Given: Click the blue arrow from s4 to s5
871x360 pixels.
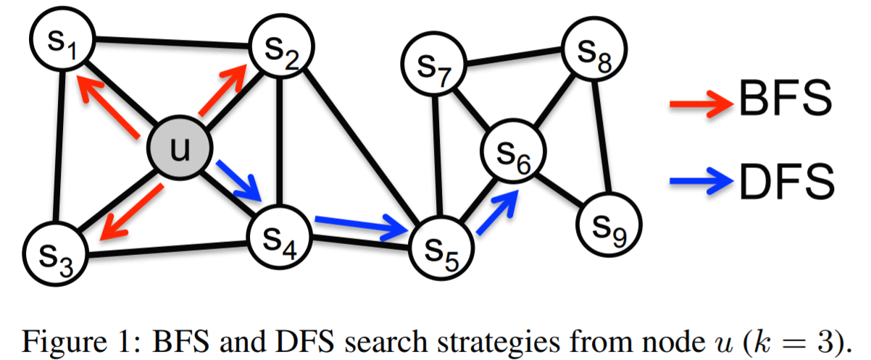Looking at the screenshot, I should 359,227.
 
